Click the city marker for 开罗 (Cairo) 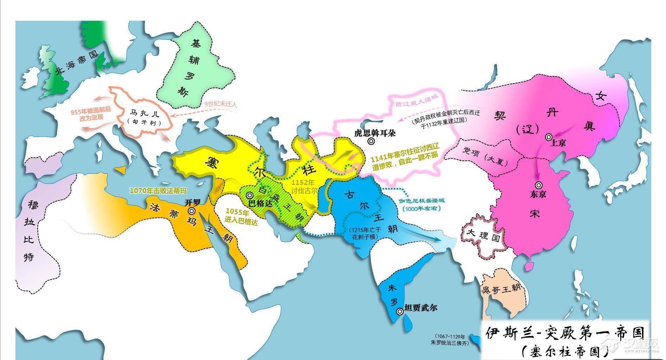192,211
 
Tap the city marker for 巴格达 249,195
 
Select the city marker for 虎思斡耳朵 371,141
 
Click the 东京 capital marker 538,185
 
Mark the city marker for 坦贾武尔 399,311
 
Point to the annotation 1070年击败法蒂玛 158,191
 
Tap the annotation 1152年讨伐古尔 304,186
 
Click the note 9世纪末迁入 221,104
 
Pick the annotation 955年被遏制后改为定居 91,114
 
